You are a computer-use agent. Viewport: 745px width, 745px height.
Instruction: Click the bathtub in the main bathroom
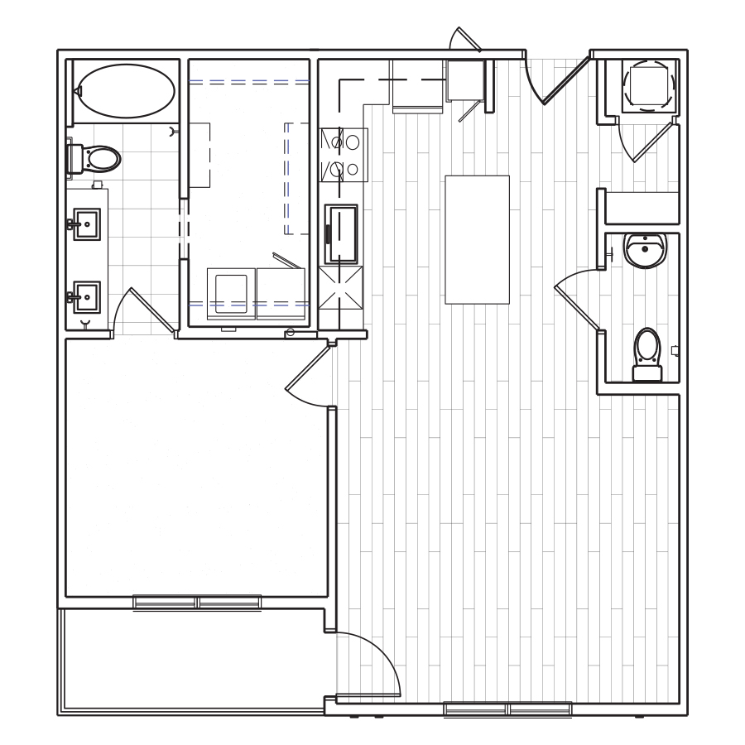(126, 91)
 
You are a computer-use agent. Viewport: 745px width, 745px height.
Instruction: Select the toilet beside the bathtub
(97, 157)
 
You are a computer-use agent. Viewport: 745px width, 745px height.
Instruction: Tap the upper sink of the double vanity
(86, 224)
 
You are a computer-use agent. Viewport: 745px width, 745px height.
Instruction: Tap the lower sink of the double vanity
(86, 296)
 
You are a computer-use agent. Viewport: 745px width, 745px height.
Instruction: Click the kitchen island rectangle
(477, 239)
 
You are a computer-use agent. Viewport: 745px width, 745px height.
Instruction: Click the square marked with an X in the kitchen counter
(342, 286)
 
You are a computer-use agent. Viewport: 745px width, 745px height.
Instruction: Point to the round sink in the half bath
(645, 249)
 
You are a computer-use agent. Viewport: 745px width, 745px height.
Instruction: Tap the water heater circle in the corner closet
(650, 84)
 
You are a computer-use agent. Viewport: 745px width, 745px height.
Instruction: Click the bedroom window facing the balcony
(197, 602)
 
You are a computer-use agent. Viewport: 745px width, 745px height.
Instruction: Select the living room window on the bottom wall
(507, 709)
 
